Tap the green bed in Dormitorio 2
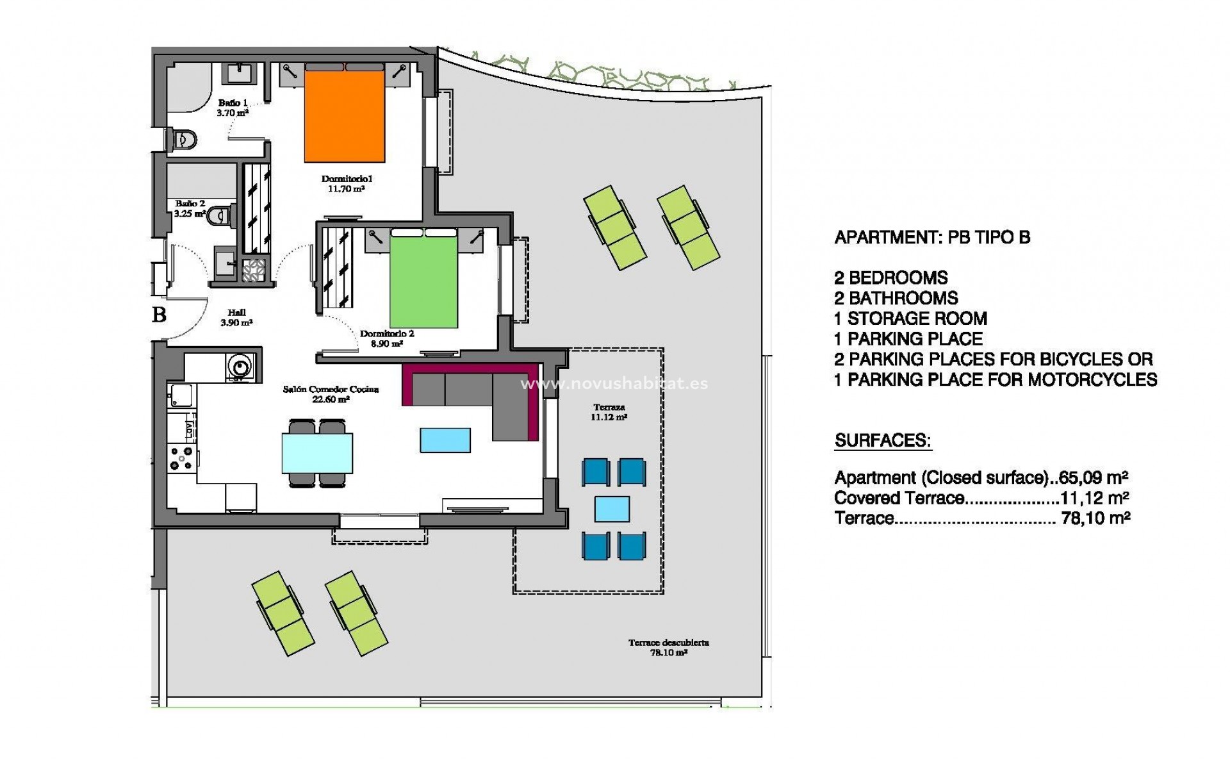point(423,282)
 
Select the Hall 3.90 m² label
point(236,318)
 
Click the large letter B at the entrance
point(159,315)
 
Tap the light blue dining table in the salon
point(317,452)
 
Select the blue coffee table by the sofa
point(445,440)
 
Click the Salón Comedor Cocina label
point(331,393)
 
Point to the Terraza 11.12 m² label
point(609,412)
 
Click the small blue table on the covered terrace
point(612,509)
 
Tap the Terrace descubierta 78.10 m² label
point(668,647)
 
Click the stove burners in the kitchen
point(181,458)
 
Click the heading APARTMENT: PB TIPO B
point(932,238)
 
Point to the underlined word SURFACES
point(883,441)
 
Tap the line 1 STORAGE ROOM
point(910,318)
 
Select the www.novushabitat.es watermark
point(614,384)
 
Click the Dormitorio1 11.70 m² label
point(347,184)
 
